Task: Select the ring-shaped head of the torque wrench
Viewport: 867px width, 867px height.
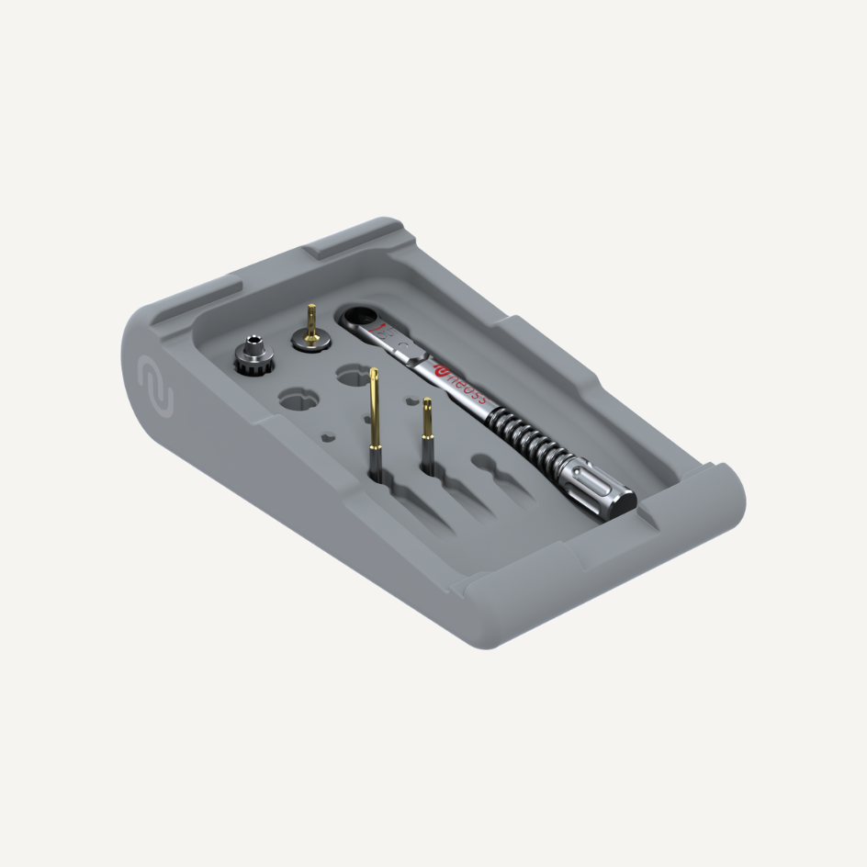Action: [x=360, y=321]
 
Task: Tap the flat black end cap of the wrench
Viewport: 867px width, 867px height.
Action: [x=625, y=501]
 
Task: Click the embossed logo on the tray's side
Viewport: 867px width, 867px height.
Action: [x=155, y=385]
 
